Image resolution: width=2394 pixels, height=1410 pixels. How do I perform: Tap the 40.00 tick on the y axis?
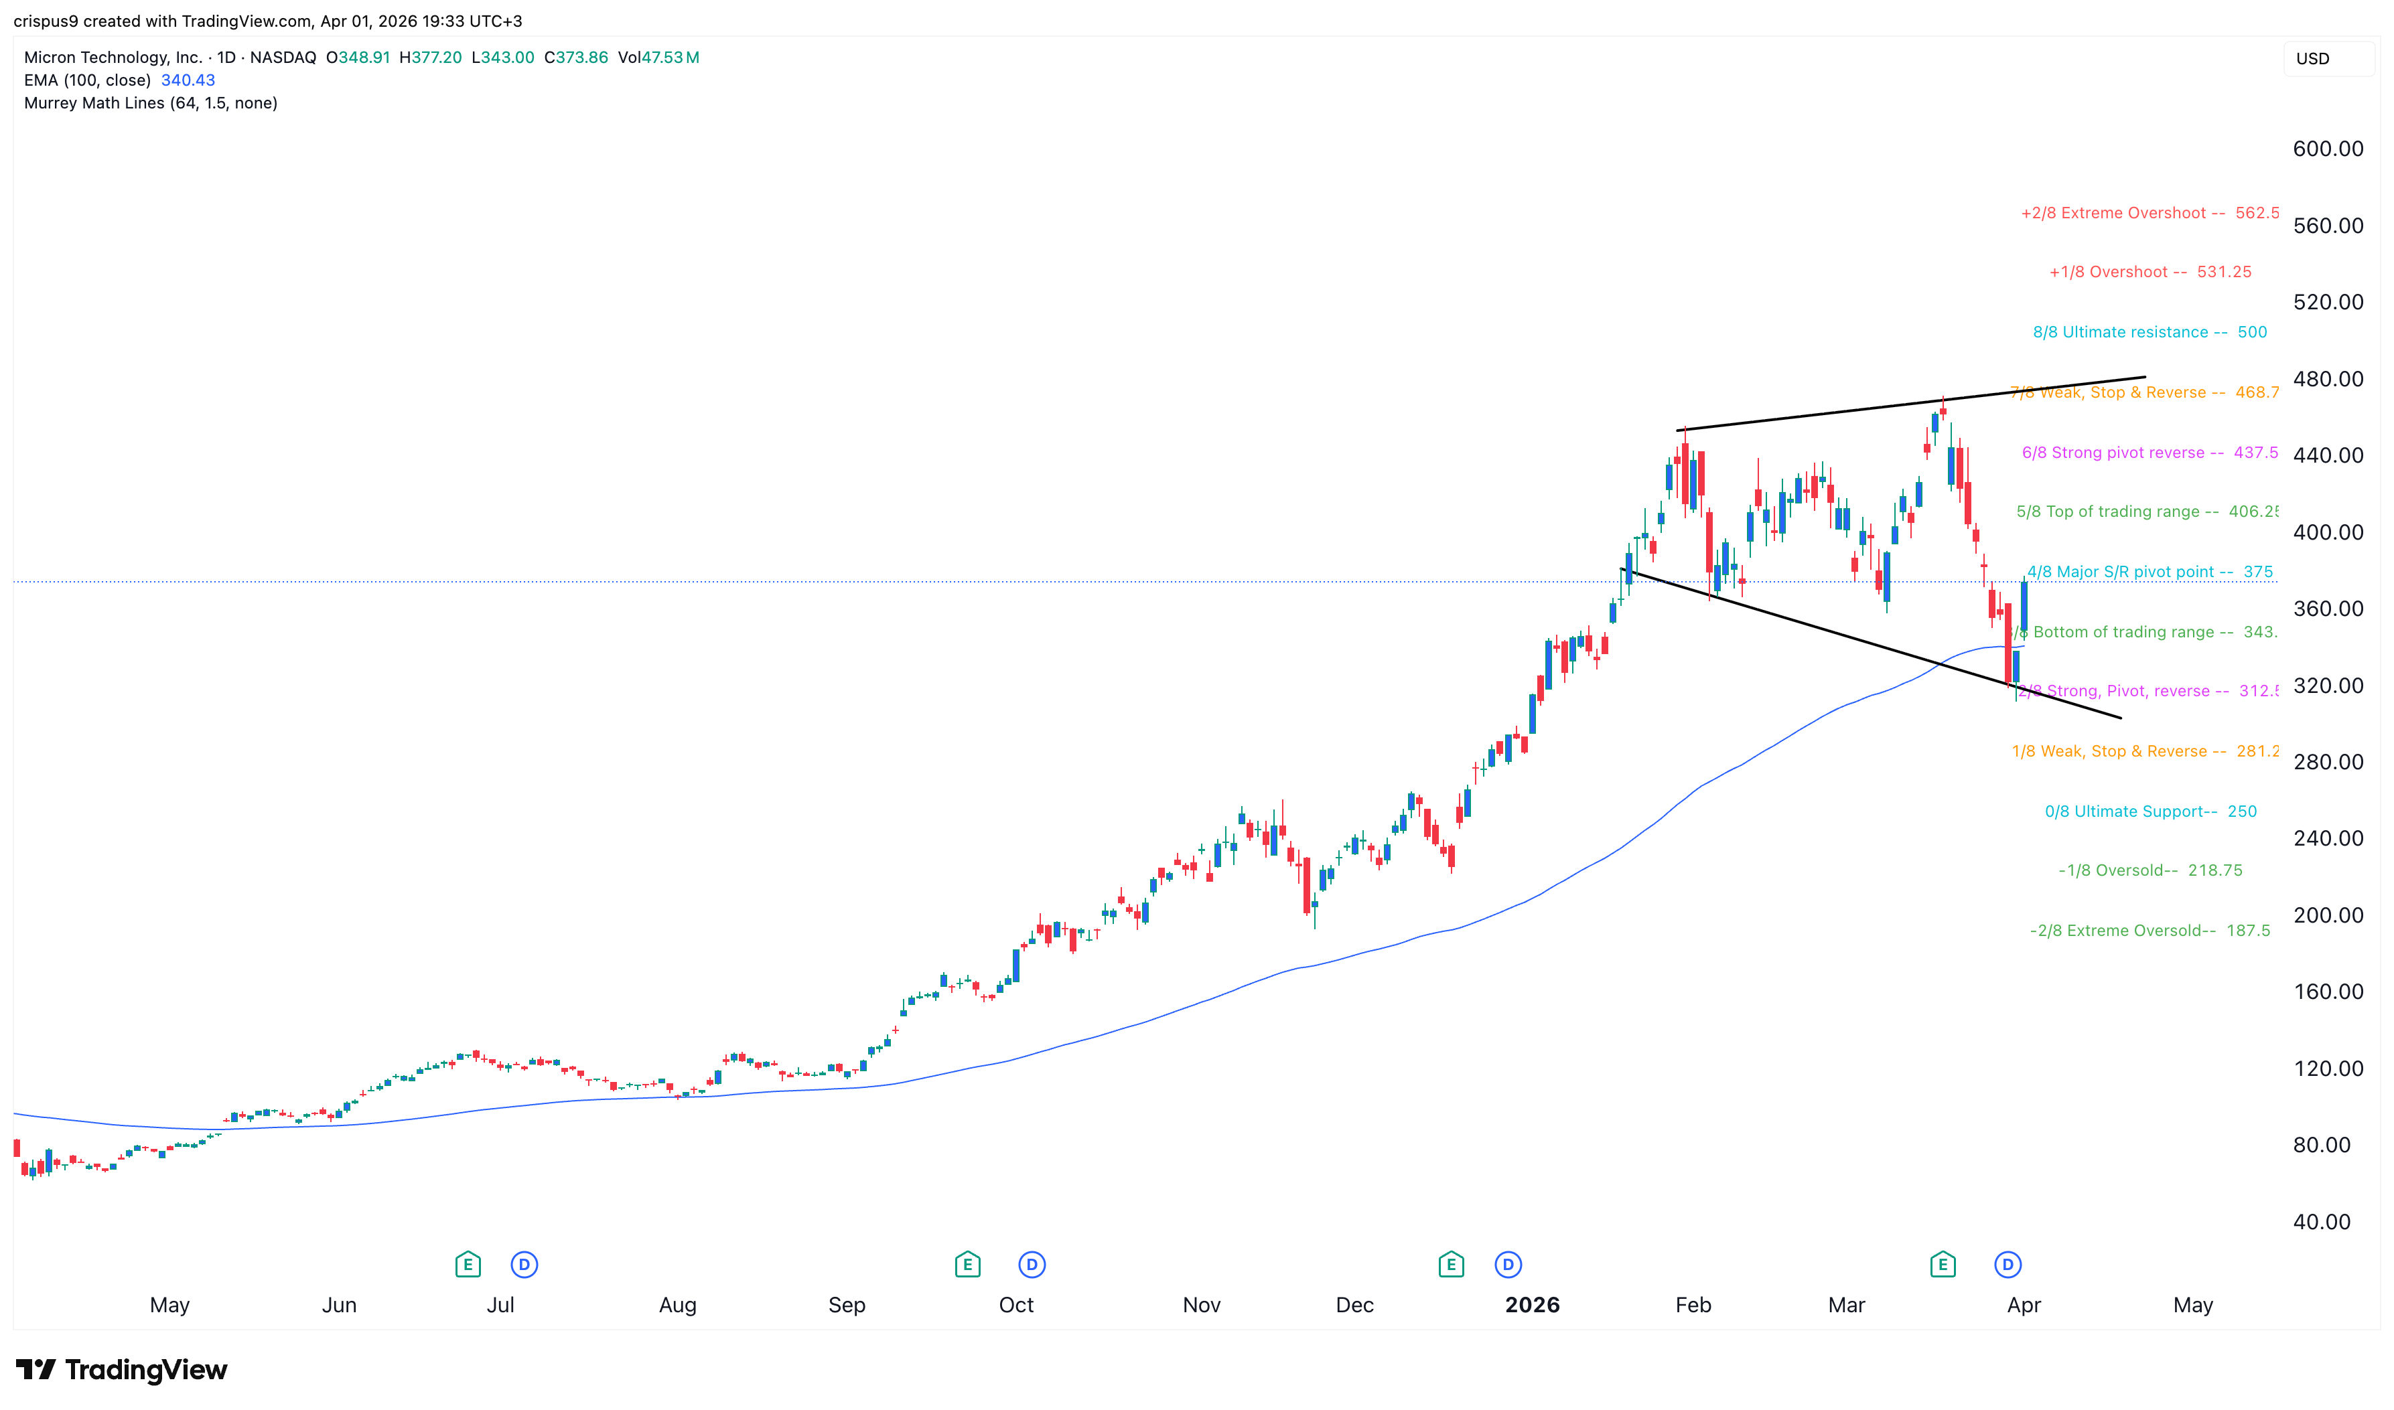2321,1222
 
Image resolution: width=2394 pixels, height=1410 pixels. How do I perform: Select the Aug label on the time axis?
678,1304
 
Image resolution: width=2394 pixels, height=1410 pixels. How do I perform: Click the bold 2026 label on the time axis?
1531,1304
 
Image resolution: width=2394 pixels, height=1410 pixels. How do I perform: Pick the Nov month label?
1201,1304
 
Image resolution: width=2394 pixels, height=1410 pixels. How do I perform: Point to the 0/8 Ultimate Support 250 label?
2150,811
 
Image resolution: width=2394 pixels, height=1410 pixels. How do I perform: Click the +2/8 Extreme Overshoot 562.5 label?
2149,213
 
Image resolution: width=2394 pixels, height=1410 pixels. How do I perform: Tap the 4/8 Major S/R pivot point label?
2149,572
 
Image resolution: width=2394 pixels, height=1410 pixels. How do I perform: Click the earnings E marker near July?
468,1265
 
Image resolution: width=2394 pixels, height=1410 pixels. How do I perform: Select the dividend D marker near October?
1031,1265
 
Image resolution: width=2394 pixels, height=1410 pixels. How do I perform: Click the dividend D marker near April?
2006,1265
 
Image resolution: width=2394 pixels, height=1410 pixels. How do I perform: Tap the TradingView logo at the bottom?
122,1369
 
